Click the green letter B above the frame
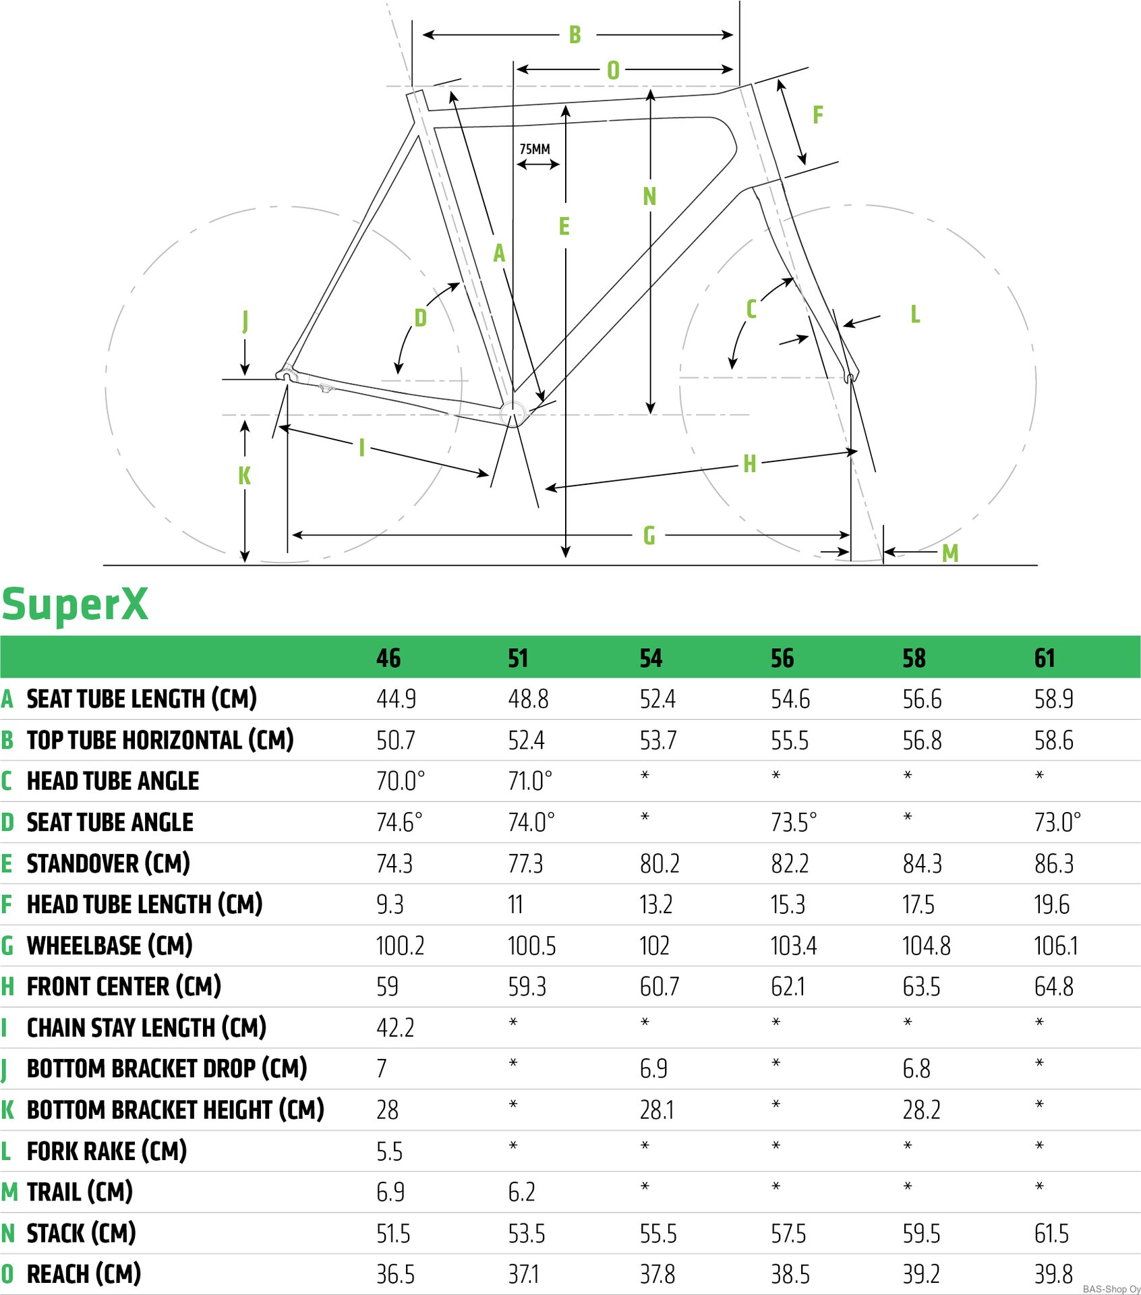point(575,34)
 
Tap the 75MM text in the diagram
point(535,148)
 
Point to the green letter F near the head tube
point(818,115)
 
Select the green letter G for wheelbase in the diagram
point(649,536)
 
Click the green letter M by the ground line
point(950,553)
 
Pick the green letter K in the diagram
point(244,476)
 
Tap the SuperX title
point(75,604)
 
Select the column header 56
point(782,658)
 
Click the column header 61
point(1045,658)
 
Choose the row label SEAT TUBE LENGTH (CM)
point(142,699)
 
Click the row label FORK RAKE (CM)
point(107,1151)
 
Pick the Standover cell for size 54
point(660,863)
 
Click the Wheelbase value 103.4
point(793,946)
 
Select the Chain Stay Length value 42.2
point(395,1028)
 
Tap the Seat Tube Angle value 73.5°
point(794,822)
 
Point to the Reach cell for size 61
point(1053,1274)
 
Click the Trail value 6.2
point(521,1192)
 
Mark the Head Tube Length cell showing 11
point(515,904)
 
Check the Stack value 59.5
point(921,1234)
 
